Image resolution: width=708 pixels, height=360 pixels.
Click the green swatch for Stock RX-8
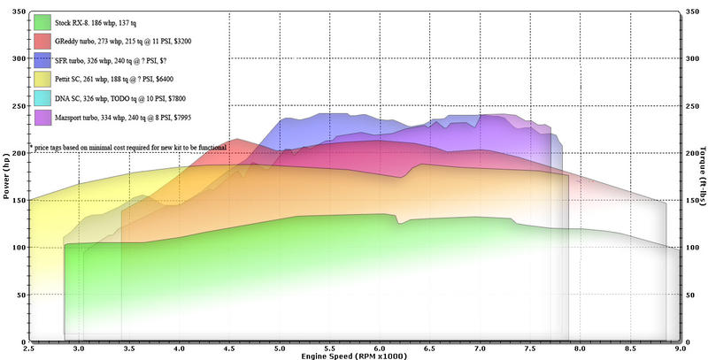tap(40, 21)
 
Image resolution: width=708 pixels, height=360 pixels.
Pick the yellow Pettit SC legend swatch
tap(40, 79)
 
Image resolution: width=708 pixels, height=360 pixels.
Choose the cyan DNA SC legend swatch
tap(40, 97)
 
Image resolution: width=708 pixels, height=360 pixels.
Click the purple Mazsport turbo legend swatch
tap(40, 117)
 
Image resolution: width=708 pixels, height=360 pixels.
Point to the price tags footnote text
tap(127, 147)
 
